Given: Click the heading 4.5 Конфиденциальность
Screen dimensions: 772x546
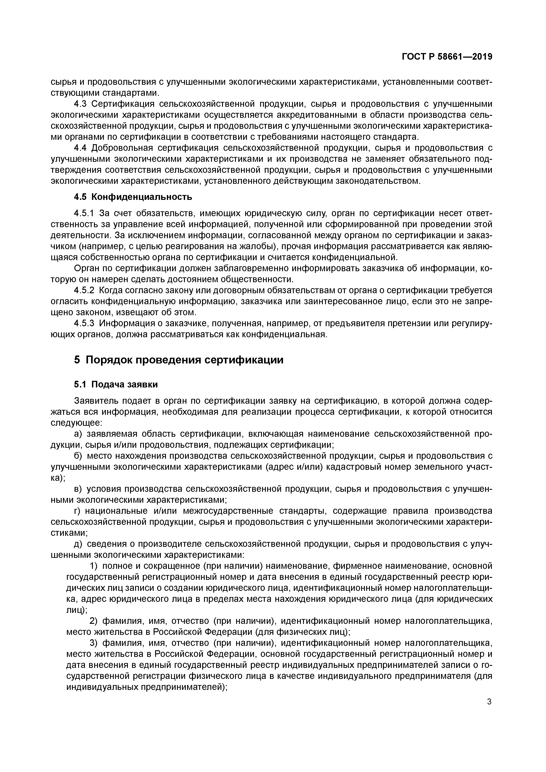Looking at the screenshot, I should point(133,197).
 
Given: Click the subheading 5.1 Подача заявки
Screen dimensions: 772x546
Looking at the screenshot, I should point(116,384).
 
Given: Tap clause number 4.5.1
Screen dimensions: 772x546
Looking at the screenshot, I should point(85,214).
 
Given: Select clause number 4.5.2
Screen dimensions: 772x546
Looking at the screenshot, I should point(85,291).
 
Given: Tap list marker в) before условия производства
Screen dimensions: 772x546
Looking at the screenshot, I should point(78,489).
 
